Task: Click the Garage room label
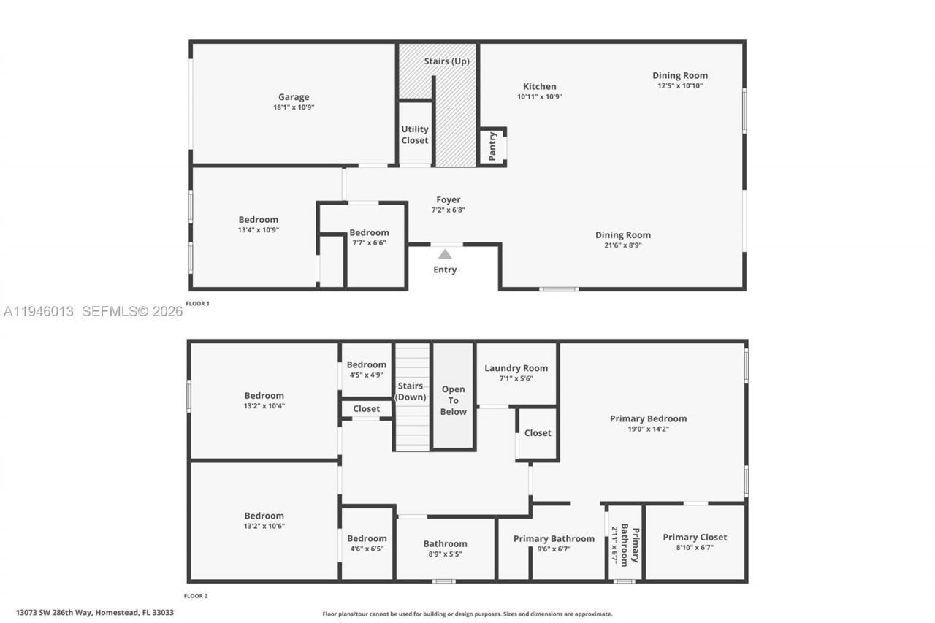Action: tap(294, 97)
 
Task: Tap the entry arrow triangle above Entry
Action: tap(445, 254)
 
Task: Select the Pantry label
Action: tap(492, 146)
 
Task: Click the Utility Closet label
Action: tap(415, 134)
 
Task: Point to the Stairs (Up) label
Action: tap(446, 61)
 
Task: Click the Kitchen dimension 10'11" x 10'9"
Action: tap(540, 96)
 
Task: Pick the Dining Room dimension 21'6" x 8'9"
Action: tap(622, 245)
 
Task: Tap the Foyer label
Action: tap(448, 200)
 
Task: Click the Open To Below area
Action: tap(453, 400)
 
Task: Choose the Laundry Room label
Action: tap(516, 368)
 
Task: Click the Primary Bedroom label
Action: tap(648, 418)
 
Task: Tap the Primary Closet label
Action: tap(695, 538)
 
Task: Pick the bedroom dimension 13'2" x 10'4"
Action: tap(264, 405)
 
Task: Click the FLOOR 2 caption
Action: tap(196, 596)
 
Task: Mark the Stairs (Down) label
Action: tap(411, 391)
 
